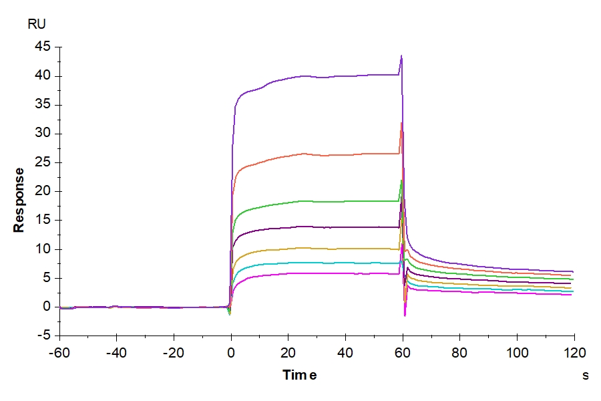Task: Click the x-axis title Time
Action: (x=299, y=375)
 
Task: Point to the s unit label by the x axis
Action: (x=585, y=375)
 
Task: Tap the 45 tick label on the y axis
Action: (x=43, y=47)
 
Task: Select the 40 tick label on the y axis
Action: (x=43, y=76)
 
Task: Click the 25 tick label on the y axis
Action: (x=43, y=162)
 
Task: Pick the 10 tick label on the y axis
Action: (x=43, y=249)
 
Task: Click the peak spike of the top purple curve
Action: (x=401, y=56)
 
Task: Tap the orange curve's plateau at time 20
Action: (x=288, y=156)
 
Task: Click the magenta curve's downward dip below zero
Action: (x=405, y=314)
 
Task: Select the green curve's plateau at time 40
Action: (x=345, y=201)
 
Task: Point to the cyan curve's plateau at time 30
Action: (x=317, y=263)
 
